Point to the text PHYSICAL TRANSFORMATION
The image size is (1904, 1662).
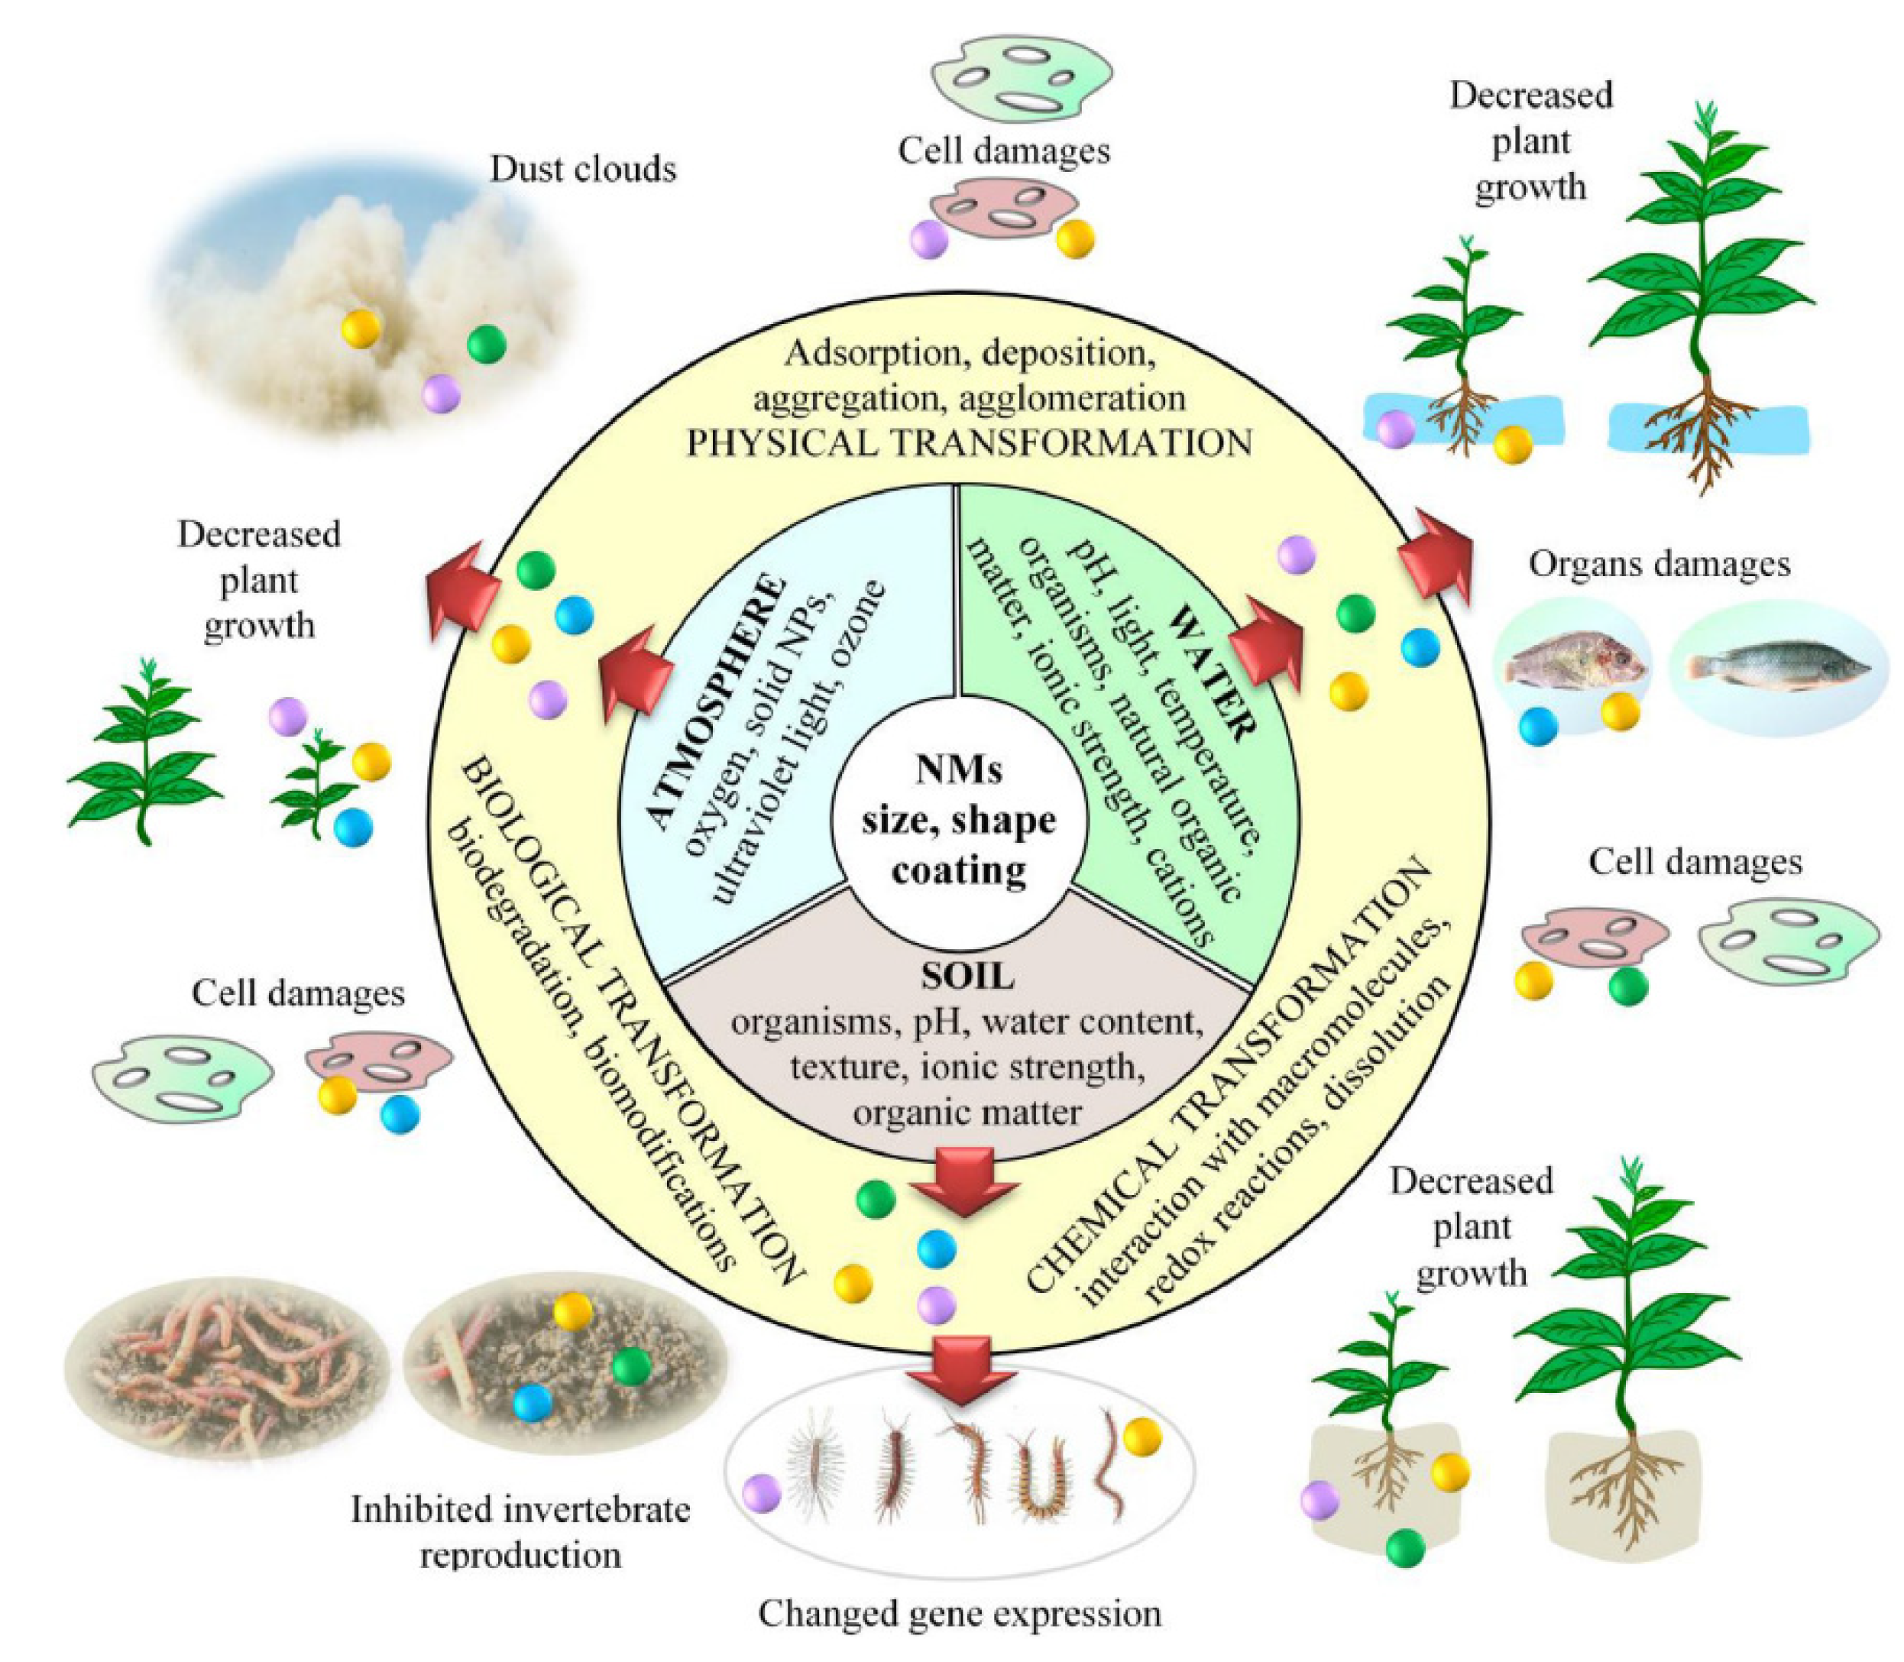coord(968,442)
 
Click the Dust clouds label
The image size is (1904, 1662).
coord(582,169)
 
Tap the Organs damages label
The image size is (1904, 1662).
coord(1658,564)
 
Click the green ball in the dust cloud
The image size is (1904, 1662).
coord(486,344)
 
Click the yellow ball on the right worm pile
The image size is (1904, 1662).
coord(572,1310)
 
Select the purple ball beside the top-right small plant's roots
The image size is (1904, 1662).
coord(1395,429)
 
